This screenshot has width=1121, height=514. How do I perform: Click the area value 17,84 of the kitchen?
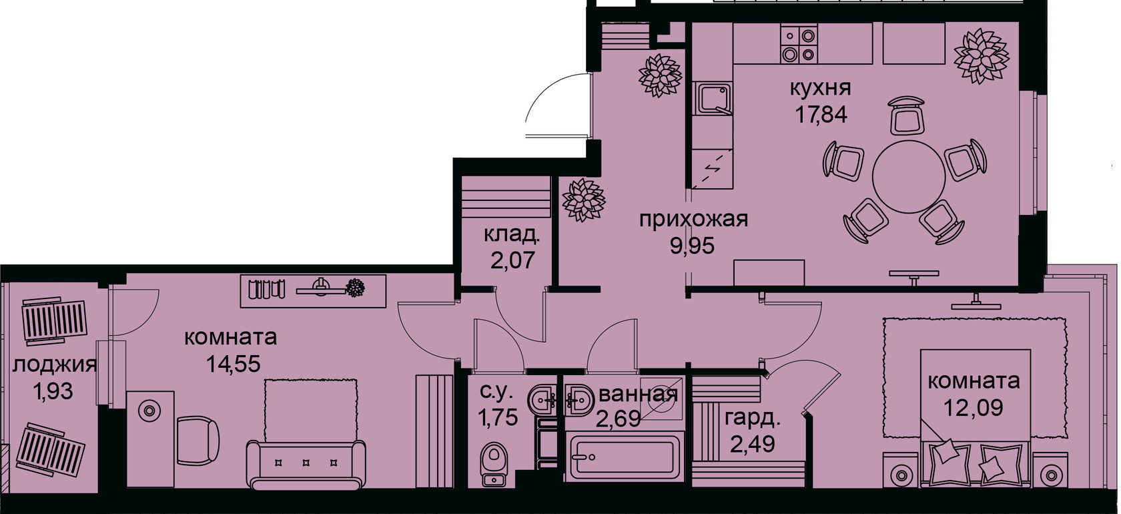pos(820,114)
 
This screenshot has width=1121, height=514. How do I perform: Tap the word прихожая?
pos(693,219)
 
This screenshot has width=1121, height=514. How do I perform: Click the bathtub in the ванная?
pos(621,457)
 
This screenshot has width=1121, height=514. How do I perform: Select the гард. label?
pos(752,419)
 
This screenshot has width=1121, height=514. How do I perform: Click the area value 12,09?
pos(973,407)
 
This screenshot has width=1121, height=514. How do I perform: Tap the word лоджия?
pos(54,364)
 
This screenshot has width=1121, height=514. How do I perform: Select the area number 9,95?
pos(692,246)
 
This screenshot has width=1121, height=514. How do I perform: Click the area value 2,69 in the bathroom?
pos(619,419)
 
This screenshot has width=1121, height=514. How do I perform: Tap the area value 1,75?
pos(496,419)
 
